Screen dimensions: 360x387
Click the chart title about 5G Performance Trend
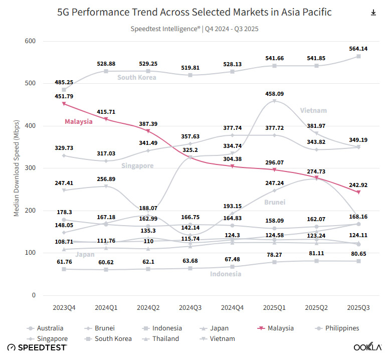(194, 12)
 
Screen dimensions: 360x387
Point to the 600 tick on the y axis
(30, 41)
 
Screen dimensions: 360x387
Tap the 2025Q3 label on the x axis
(358, 306)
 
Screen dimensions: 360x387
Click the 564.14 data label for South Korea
(358, 49)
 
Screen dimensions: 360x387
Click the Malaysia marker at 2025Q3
(358, 192)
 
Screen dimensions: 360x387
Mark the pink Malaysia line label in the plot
(79, 121)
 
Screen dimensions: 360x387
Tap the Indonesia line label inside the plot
(226, 274)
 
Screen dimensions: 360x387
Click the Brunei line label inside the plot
(275, 202)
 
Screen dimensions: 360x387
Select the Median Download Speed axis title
(16, 168)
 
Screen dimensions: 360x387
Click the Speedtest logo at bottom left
(37, 347)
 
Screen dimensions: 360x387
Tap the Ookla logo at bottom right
(367, 347)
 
